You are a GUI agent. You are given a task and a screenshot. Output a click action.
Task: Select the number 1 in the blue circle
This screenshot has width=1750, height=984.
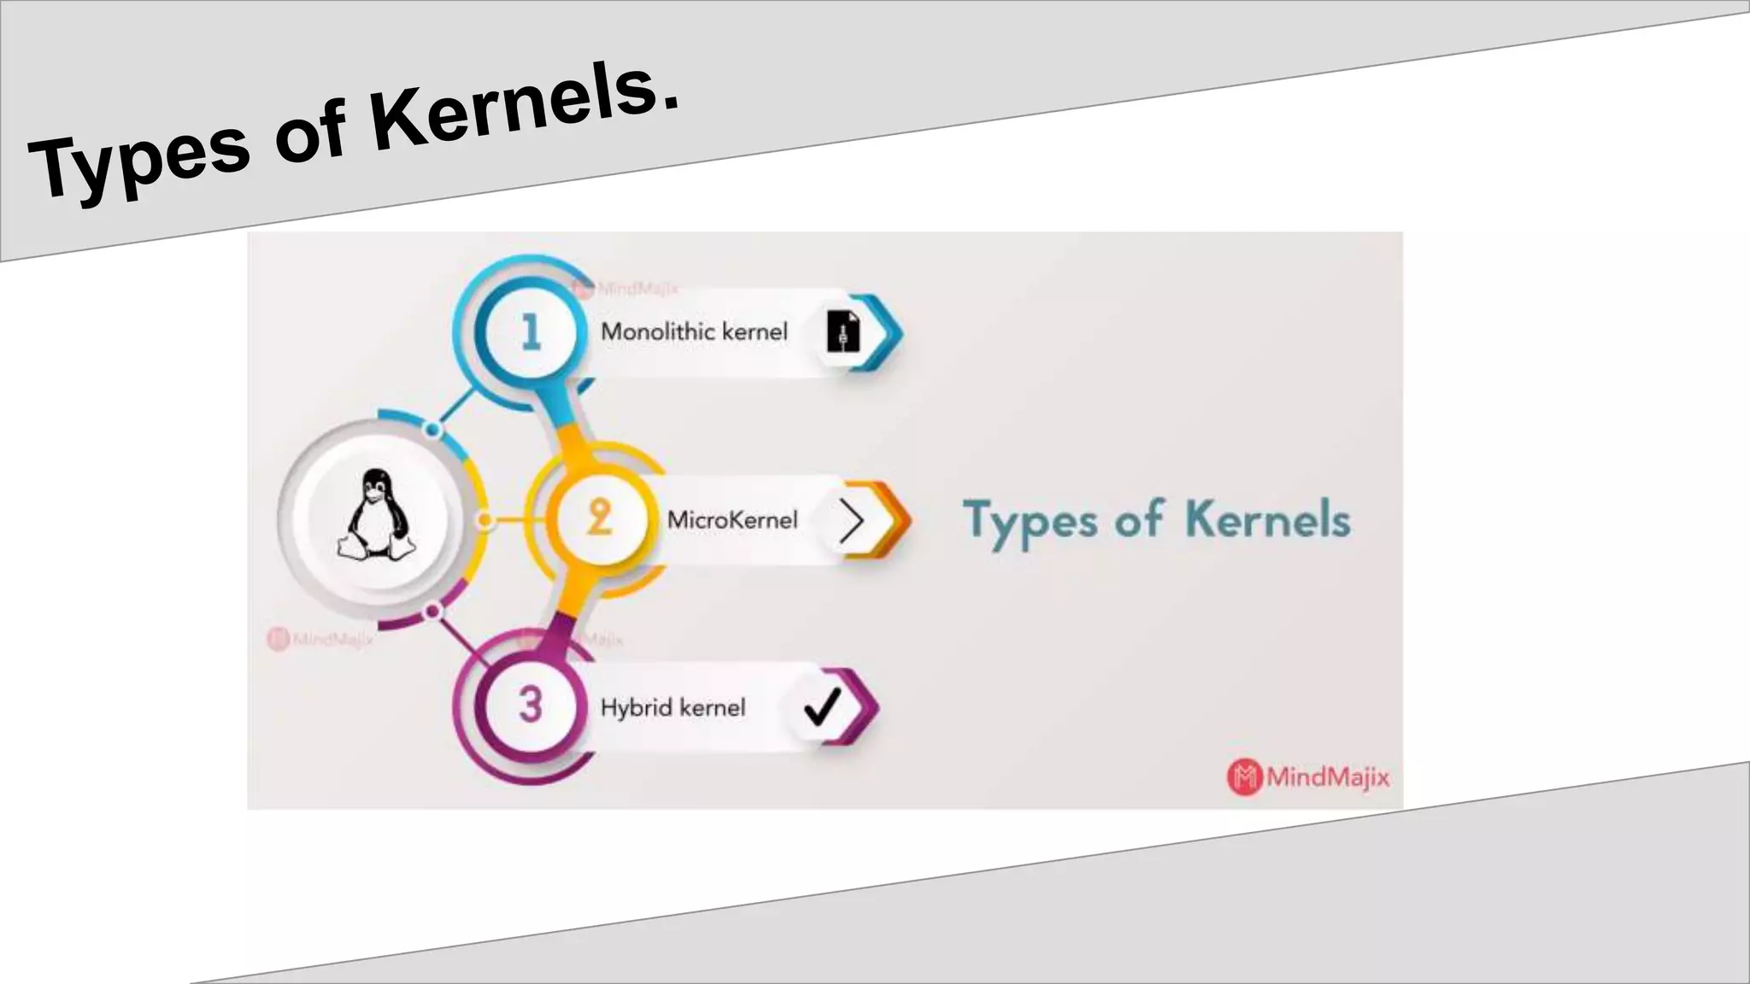point(531,331)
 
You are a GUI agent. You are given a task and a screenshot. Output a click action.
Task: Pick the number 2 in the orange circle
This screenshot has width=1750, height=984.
point(599,518)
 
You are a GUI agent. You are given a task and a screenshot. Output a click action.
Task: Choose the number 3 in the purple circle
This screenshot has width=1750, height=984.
point(531,705)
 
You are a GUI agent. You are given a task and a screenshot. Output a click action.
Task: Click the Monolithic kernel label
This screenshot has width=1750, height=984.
point(694,331)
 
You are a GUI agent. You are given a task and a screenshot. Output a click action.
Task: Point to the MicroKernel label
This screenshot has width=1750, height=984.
point(732,519)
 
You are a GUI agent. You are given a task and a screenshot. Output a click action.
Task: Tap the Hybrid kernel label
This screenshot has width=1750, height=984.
point(672,707)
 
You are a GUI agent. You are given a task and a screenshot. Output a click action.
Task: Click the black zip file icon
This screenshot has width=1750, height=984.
point(843,331)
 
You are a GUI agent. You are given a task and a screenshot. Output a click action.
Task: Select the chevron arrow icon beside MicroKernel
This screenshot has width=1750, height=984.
point(851,520)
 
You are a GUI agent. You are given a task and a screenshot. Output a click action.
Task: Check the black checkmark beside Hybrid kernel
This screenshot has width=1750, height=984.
point(823,706)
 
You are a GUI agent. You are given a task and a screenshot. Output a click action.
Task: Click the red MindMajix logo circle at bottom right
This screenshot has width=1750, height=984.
point(1244,776)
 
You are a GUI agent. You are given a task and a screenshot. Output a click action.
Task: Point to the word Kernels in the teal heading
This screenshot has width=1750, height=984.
point(1267,519)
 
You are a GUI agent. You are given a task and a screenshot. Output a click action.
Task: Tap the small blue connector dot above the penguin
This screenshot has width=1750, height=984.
point(432,430)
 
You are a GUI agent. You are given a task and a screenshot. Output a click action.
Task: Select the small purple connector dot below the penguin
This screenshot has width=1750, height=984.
point(432,612)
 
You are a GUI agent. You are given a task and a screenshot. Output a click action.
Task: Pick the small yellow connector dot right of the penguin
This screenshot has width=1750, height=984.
point(484,519)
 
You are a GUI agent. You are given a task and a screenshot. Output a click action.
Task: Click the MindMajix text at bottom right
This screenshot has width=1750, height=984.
point(1328,776)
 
